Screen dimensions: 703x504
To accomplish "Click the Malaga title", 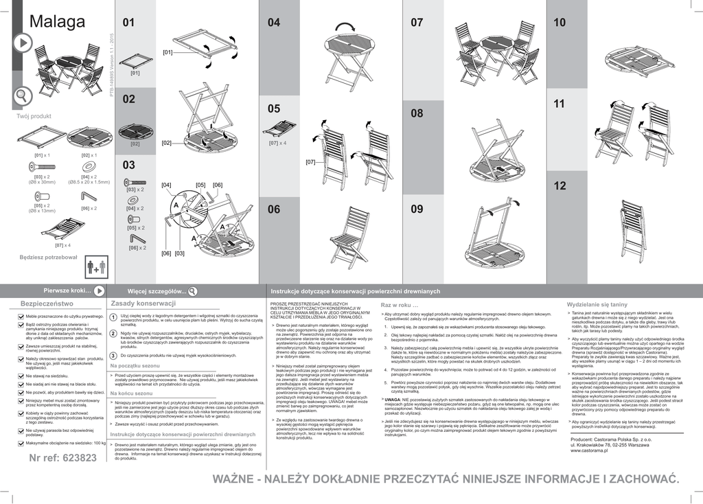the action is [57, 21].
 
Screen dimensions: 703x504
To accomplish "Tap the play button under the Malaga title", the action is [23, 43].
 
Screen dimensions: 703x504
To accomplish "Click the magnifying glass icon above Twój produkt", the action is [23, 95].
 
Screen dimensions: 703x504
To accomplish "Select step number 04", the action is [274, 23].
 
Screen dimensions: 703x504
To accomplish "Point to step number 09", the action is [417, 209].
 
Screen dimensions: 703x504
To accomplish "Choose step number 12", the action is [560, 185].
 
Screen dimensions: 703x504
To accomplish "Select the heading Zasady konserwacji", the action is [143, 303].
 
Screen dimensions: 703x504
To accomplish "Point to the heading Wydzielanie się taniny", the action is [597, 303].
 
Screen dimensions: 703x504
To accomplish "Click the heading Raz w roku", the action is [399, 304].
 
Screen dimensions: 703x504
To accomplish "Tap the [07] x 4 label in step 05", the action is [277, 143].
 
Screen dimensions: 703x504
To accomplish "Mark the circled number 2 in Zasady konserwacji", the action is [113, 334].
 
